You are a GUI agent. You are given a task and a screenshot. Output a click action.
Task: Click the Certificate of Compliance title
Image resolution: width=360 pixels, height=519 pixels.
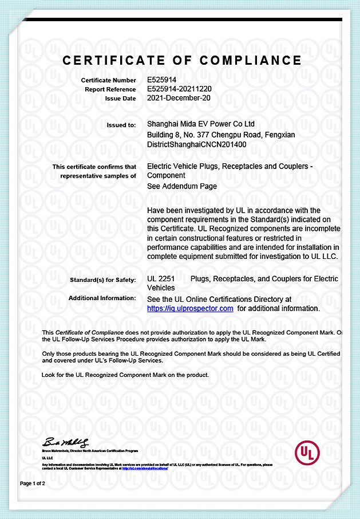(x=182, y=60)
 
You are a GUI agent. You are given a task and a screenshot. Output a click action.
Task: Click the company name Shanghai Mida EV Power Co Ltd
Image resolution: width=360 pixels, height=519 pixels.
(x=201, y=124)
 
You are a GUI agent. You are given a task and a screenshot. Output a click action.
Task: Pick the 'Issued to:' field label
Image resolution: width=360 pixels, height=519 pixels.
(x=121, y=124)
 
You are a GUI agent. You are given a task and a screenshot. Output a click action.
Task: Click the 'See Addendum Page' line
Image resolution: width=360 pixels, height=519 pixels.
(x=182, y=186)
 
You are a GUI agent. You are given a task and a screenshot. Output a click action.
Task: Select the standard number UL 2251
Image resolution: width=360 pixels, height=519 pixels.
(x=160, y=279)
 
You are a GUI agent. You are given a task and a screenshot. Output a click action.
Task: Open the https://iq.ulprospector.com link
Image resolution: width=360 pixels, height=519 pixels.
(x=190, y=308)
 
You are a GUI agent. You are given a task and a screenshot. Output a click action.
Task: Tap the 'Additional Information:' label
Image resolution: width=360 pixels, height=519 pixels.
(x=102, y=298)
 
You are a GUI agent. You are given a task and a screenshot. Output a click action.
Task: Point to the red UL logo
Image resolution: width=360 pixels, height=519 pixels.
(x=306, y=453)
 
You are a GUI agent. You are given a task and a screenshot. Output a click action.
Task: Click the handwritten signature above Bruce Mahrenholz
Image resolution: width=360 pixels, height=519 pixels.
(x=65, y=443)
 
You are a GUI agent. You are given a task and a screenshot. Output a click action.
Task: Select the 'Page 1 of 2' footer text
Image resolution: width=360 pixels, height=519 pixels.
(x=33, y=483)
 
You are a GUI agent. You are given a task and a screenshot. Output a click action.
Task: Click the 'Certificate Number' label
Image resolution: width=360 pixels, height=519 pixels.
(x=108, y=81)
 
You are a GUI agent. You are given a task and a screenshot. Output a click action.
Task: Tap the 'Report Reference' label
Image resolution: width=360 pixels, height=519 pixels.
(x=110, y=89)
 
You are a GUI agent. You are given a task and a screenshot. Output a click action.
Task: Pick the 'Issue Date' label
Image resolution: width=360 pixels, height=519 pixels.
(x=120, y=99)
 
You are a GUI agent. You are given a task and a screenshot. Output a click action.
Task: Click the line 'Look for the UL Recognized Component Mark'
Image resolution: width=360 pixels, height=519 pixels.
(x=126, y=375)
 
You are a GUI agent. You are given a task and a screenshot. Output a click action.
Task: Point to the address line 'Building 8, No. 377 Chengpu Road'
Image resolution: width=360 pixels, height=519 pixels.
(x=220, y=135)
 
